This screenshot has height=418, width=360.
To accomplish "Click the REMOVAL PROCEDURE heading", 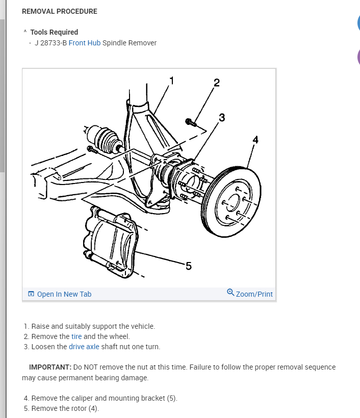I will pyautogui.click(x=60, y=11).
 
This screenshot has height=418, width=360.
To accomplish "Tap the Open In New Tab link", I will pyautogui.click(x=64, y=294).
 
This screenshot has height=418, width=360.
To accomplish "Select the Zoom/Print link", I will pyautogui.click(x=254, y=294).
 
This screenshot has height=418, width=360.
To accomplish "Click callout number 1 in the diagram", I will pyautogui.click(x=171, y=80).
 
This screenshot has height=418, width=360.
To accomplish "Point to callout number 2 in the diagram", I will pyautogui.click(x=216, y=83).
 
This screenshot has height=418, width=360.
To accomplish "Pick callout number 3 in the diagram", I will pyautogui.click(x=221, y=118).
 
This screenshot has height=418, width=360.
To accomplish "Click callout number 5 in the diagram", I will pyautogui.click(x=188, y=266).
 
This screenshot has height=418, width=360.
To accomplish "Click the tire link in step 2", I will pyautogui.click(x=76, y=336).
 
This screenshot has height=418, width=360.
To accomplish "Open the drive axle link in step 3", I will pyautogui.click(x=84, y=347).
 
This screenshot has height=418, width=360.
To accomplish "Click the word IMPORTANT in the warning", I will pyautogui.click(x=50, y=367).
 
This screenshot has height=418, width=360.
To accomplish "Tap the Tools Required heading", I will pyautogui.click(x=54, y=32).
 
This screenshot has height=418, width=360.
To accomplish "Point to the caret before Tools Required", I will pyautogui.click(x=25, y=32).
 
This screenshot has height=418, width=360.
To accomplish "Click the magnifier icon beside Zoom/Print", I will pyautogui.click(x=230, y=293).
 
